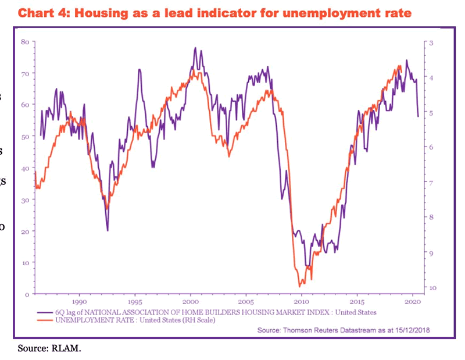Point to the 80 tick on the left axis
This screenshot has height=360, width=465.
[25, 42]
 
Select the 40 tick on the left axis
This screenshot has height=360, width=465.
[25, 168]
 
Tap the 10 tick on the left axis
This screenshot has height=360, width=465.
[25, 262]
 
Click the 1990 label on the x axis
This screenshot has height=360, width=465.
[80, 302]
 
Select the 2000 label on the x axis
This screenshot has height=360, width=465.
[191, 302]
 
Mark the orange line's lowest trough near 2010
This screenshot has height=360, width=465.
[300, 286]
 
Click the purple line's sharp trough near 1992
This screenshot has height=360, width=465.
[108, 230]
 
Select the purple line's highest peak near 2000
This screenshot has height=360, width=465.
[195, 48]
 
